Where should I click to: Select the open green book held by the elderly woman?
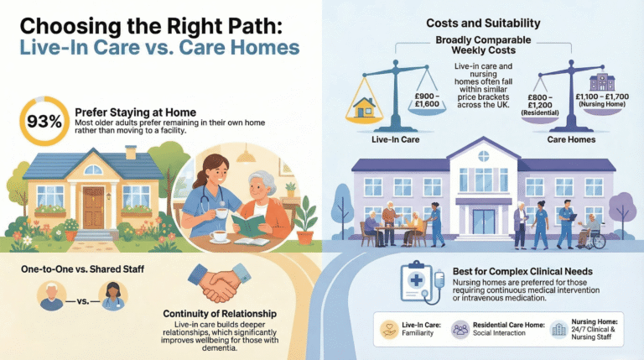point(252,222)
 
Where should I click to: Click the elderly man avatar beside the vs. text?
point(52,295)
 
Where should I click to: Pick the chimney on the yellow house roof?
point(131,153)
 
